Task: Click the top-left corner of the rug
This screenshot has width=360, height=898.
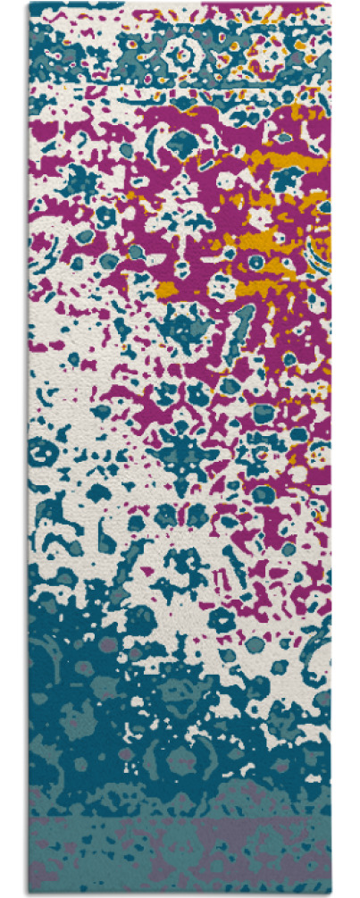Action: coord(29,4)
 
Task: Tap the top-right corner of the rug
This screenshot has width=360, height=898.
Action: coord(331,4)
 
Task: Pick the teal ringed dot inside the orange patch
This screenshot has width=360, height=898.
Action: coord(256,262)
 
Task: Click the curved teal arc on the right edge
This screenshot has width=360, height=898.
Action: coord(318,250)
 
